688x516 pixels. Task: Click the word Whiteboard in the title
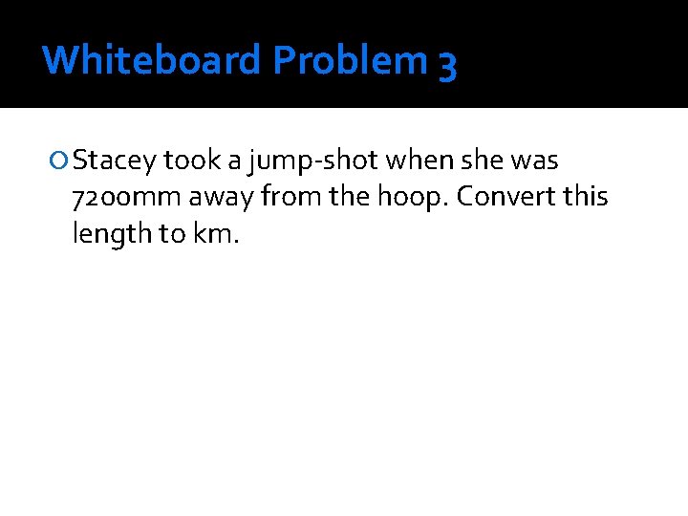coord(151,60)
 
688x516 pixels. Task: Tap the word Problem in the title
coord(351,60)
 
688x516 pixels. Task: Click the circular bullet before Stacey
coord(60,161)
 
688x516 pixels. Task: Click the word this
coord(586,197)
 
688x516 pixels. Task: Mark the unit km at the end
coord(217,233)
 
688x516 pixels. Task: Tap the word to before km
coord(172,234)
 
